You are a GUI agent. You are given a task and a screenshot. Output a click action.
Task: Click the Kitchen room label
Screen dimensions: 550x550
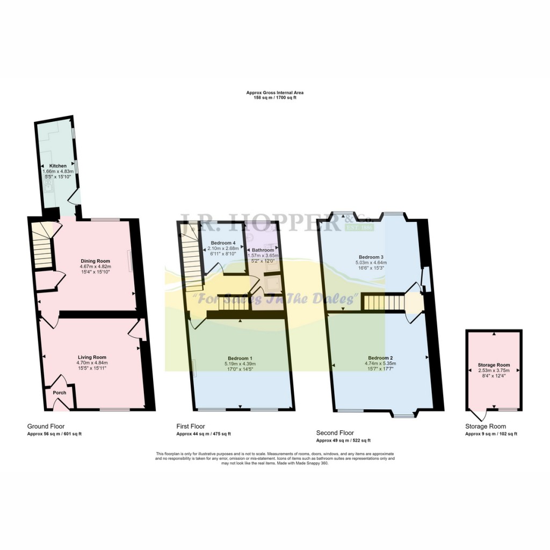(x=58, y=165)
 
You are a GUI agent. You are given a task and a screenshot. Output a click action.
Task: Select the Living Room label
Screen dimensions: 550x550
(x=92, y=357)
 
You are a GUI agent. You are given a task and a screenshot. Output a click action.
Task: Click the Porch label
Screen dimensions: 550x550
(x=60, y=393)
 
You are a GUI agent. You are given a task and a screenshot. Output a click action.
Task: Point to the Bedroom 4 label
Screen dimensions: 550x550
(x=223, y=243)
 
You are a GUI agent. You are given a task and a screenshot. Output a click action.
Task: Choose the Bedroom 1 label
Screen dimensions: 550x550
(x=240, y=358)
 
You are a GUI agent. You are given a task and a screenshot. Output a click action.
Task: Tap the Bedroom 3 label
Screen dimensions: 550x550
(x=371, y=257)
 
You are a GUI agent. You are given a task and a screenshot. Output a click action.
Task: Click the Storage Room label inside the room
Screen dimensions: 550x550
(x=494, y=365)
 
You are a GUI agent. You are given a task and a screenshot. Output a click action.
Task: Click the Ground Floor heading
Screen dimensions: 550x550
(x=46, y=426)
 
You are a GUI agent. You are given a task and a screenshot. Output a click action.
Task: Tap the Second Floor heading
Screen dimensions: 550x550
(x=335, y=432)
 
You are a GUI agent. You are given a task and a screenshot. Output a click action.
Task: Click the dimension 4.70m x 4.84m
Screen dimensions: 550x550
(x=92, y=363)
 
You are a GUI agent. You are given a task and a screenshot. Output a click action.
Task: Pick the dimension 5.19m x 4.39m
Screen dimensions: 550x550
(x=240, y=364)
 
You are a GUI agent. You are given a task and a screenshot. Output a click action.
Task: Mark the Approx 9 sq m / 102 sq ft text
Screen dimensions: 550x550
(x=491, y=433)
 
